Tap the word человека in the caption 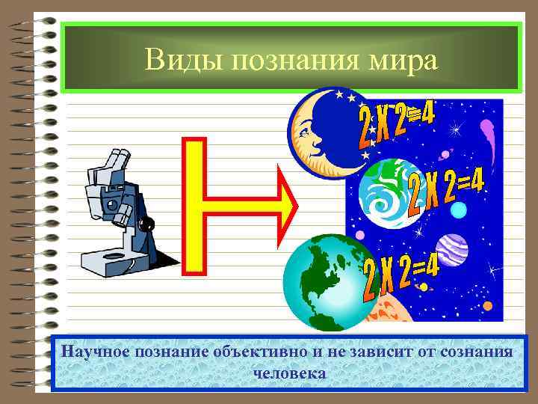pyautogui.click(x=290, y=372)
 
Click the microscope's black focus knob pyautogui.click(x=146, y=224)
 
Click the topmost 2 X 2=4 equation pyautogui.click(x=396, y=123)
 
